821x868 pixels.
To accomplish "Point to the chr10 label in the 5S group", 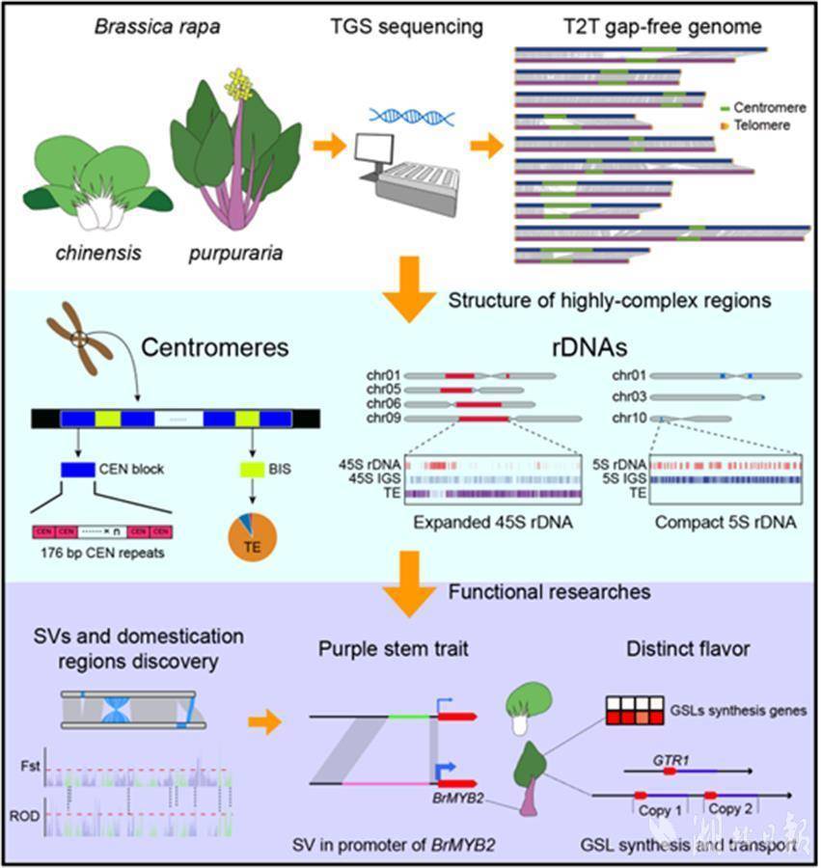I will (628, 418).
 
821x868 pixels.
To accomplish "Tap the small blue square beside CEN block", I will (77, 470).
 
